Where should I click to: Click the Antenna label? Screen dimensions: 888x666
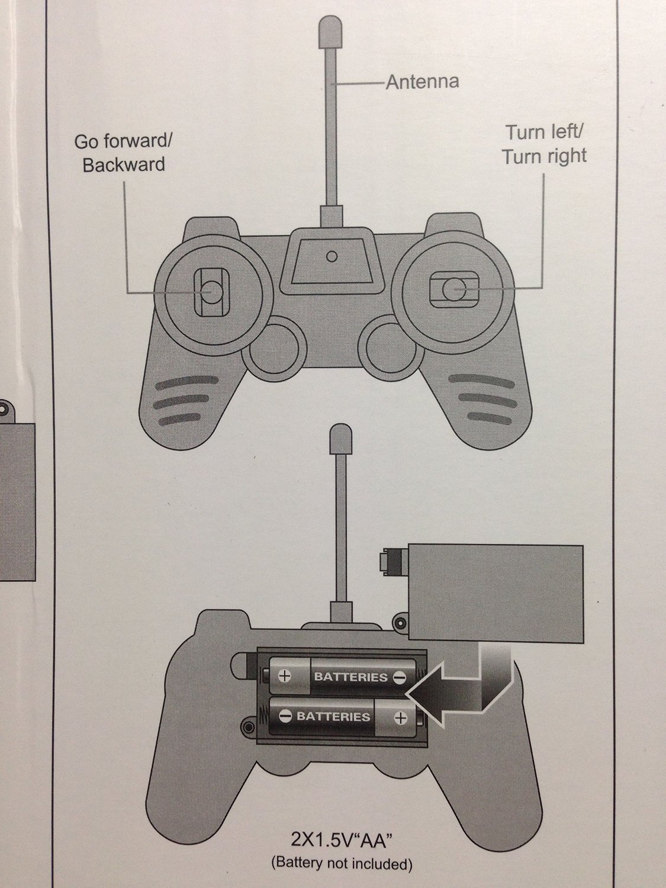[422, 81]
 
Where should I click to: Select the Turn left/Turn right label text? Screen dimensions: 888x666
[544, 144]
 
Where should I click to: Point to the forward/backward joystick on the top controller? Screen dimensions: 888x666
[211, 290]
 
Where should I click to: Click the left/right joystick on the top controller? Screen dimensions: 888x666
[453, 289]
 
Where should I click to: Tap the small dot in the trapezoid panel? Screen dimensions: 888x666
[332, 256]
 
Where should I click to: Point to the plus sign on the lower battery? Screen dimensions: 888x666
[401, 718]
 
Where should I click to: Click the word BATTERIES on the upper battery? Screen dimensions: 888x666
[350, 677]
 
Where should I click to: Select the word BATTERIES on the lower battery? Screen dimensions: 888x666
[333, 717]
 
